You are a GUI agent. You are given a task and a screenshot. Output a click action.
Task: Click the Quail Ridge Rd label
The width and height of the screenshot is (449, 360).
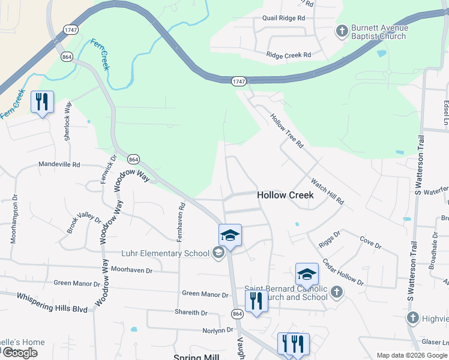(279, 18)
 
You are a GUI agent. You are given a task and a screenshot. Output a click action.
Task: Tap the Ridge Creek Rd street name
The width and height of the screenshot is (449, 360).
(289, 55)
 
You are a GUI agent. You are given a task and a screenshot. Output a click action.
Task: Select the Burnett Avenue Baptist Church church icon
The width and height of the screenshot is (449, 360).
(342, 31)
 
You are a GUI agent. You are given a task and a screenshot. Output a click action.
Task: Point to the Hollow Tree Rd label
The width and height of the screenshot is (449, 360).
(287, 131)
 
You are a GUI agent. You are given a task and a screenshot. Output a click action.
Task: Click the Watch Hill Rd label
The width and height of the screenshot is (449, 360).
(327, 191)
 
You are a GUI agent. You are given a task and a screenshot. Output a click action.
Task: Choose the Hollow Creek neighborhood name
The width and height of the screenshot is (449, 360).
(285, 195)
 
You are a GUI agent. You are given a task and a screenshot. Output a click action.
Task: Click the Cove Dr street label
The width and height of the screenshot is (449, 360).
(370, 244)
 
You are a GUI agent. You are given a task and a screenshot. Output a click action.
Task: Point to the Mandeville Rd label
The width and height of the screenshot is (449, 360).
(59, 164)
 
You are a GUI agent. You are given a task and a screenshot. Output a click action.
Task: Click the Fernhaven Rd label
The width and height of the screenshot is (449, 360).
(181, 221)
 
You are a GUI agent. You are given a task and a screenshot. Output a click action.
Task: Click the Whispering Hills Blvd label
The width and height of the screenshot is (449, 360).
(52, 303)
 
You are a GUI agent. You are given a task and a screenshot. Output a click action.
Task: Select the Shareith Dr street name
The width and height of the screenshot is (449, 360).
(191, 313)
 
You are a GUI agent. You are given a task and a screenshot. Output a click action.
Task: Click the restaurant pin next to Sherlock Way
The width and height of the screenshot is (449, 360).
(42, 103)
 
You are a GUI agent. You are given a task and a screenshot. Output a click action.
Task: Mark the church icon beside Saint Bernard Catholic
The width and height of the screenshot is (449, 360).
(337, 292)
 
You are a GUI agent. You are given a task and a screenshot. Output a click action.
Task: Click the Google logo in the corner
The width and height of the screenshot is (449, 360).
(20, 353)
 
